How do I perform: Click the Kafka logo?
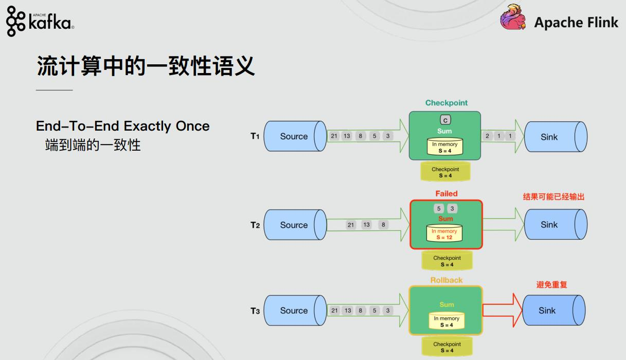(x=40, y=21)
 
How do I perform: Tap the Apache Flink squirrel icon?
(x=513, y=19)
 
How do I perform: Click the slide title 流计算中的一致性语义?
(x=146, y=67)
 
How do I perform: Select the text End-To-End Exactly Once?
(x=122, y=126)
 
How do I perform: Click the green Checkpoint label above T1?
(x=446, y=103)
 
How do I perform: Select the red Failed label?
(x=446, y=194)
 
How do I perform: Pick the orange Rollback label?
(x=446, y=280)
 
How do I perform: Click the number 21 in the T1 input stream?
(x=334, y=136)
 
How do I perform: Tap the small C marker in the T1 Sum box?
(x=445, y=120)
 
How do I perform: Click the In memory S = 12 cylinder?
(x=444, y=234)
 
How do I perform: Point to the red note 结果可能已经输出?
(x=553, y=197)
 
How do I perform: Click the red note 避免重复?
(x=551, y=284)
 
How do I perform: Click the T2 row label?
(x=255, y=225)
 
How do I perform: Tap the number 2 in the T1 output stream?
(x=488, y=136)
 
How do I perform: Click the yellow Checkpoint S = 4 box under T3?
(x=446, y=347)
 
